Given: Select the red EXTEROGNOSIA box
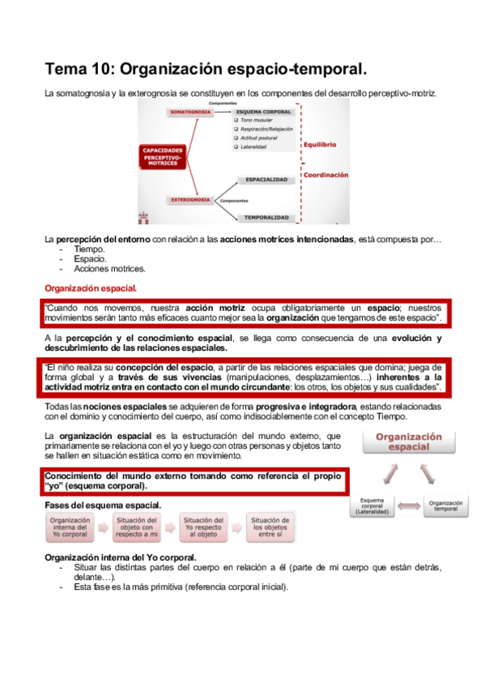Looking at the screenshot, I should [x=190, y=199].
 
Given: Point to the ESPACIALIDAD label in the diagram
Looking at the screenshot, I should [x=264, y=179].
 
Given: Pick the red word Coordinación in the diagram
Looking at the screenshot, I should [x=325, y=174].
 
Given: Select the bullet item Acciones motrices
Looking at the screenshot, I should [x=99, y=268].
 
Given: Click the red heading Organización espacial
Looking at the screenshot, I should [x=91, y=288].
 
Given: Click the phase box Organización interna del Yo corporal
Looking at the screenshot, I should [x=70, y=527].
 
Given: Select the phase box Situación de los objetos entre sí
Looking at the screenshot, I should [x=270, y=527].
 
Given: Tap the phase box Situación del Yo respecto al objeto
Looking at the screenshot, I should [x=203, y=527].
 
